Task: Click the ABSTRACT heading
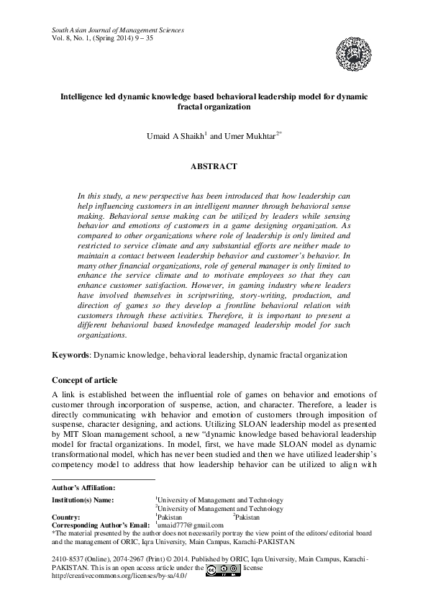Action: pos(214,166)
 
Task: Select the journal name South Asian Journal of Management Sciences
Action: pos(118,30)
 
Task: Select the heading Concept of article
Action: pos(85,379)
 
